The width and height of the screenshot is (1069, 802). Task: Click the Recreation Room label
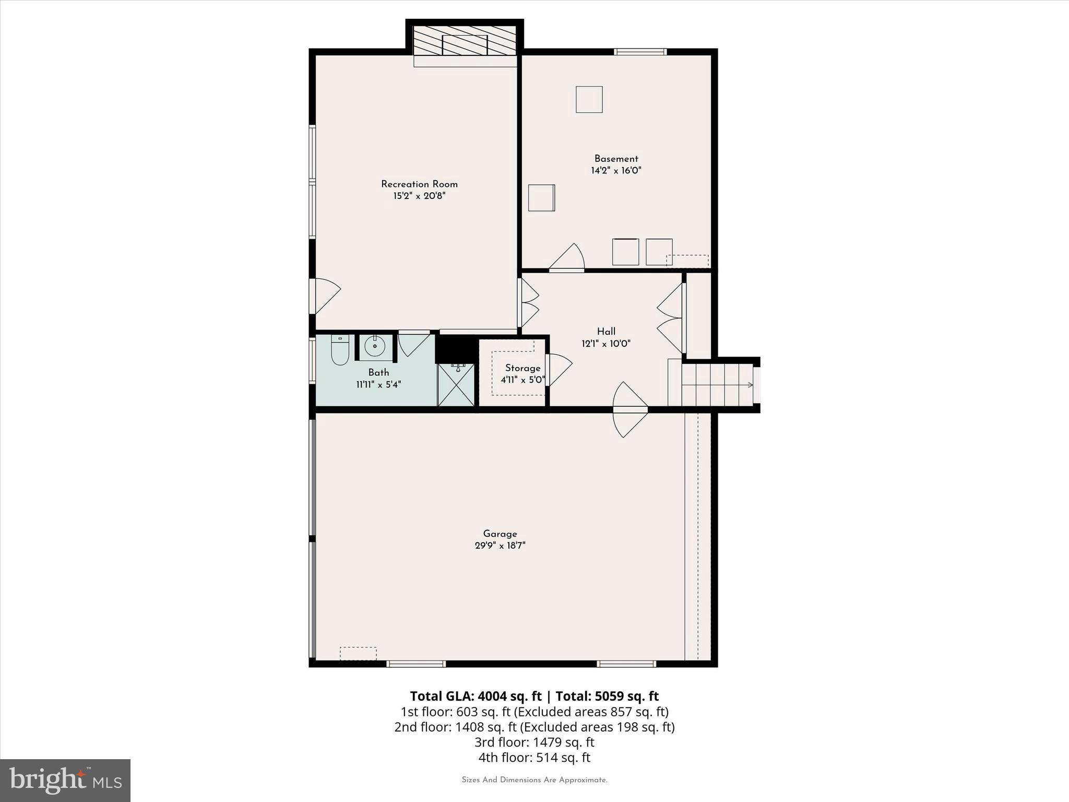point(419,184)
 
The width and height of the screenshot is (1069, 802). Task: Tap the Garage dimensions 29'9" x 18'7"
point(500,546)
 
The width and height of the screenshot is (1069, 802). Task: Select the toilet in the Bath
point(340,350)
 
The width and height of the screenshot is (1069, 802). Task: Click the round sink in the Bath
point(375,346)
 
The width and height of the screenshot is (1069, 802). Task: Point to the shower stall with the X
point(456,385)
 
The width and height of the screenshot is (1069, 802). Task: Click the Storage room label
point(522,368)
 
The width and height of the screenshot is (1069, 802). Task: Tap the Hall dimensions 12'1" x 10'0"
point(606,344)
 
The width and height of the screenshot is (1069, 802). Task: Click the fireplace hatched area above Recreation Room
point(465,40)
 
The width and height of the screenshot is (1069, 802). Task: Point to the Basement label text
point(616,159)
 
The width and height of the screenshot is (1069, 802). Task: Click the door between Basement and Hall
point(567,259)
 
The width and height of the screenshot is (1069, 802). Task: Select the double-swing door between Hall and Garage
point(630,409)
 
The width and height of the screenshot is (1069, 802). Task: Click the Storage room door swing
point(557,369)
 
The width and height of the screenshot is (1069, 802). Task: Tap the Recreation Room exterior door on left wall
point(325,296)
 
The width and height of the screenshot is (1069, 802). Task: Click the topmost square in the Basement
point(589,99)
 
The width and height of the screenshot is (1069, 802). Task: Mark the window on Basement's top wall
point(640,52)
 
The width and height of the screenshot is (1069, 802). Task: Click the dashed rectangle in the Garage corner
point(358,653)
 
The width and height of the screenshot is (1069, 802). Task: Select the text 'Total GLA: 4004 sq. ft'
point(476,696)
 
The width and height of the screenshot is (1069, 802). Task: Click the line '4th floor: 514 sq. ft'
point(534,757)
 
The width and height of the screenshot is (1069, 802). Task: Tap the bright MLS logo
point(65,780)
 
